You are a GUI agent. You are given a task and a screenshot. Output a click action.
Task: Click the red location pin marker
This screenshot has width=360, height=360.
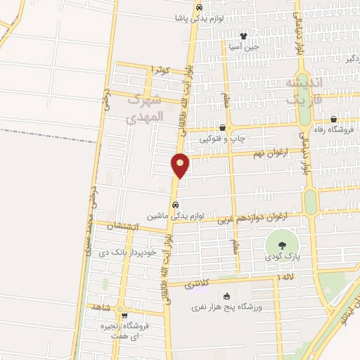coord(180,166)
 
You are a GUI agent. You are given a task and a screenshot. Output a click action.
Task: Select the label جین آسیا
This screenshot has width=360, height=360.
coord(243,47)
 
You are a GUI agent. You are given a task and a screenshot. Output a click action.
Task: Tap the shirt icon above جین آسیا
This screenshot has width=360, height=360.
coord(243,36)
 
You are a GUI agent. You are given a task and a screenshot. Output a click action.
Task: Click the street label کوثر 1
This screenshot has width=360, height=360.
coord(160,70)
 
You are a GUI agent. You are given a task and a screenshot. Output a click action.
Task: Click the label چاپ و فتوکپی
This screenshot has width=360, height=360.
coord(223,139)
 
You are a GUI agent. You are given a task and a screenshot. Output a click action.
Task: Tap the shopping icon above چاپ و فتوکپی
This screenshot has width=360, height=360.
coord(223,128)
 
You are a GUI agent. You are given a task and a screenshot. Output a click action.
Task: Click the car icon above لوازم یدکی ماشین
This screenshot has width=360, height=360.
coord(174,205)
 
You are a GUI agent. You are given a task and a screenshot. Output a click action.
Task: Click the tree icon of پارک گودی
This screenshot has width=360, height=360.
coord(281,245)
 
